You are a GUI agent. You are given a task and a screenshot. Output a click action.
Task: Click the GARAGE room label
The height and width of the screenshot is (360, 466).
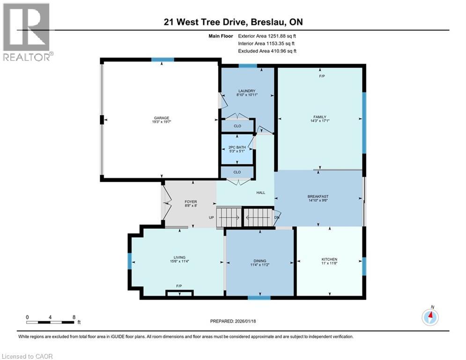pos(160,118)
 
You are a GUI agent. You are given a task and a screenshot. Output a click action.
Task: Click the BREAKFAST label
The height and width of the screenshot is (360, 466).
pos(318,196)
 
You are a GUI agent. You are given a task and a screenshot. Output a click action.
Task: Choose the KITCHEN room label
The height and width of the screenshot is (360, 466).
pos(329,259)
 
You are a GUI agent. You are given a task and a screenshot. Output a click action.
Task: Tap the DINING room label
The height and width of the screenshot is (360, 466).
pos(260,261)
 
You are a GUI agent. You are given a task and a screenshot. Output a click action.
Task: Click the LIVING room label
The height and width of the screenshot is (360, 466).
pos(179,257)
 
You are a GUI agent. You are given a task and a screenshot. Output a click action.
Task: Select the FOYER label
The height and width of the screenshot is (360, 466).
pos(191,202)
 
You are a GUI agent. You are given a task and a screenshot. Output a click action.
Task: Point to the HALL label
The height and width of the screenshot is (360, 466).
pos(260,193)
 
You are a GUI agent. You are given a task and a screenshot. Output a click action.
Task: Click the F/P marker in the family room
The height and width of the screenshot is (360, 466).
pos(321,76)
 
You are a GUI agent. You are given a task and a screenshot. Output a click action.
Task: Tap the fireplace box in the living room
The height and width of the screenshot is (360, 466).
pos(179,293)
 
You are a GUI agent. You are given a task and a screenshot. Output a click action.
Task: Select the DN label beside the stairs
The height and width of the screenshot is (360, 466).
pos(276,217)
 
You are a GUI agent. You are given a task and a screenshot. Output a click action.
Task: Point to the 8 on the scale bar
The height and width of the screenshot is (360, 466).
pos(74,317)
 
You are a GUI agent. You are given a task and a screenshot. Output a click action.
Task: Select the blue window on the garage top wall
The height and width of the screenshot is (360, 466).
pos(162,60)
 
